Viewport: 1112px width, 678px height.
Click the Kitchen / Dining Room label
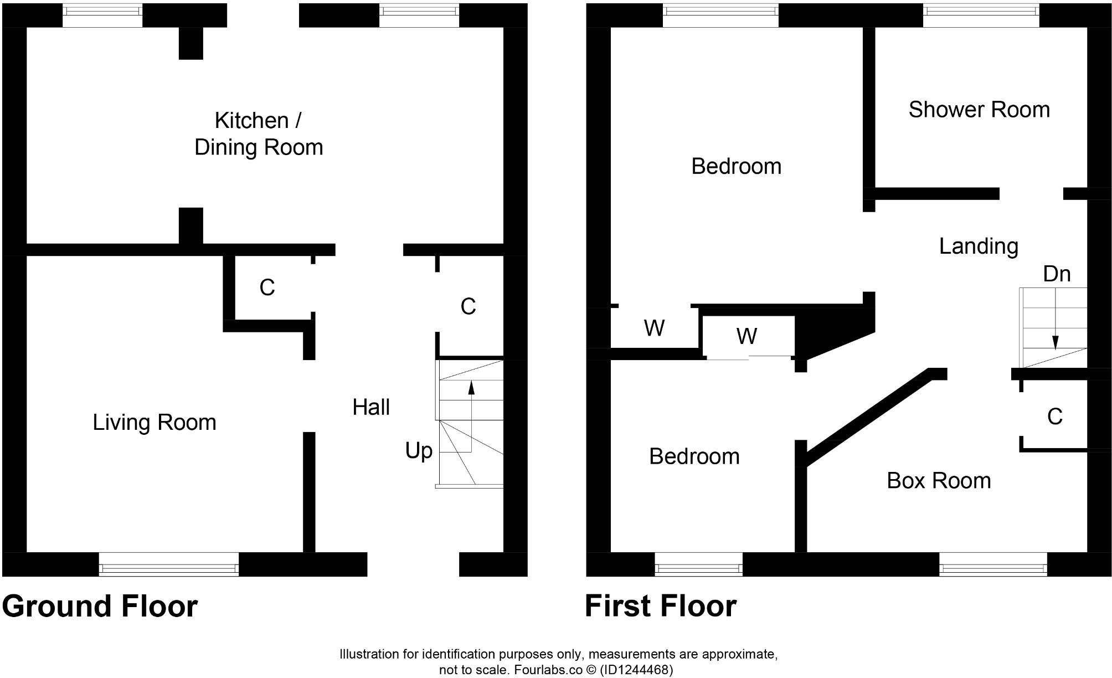pyautogui.click(x=259, y=133)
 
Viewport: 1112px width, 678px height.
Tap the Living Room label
pyautogui.click(x=154, y=422)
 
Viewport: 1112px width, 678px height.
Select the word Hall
pyautogui.click(x=371, y=407)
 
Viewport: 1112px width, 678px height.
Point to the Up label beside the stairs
pyautogui.click(x=419, y=451)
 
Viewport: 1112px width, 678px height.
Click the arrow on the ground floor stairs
pyautogui.click(x=471, y=387)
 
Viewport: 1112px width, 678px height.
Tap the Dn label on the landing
pyautogui.click(x=1057, y=274)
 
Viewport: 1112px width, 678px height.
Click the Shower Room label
pyautogui.click(x=979, y=110)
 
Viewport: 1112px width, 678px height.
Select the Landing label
pyautogui.click(x=979, y=246)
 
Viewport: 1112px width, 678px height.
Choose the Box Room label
pyautogui.click(x=939, y=480)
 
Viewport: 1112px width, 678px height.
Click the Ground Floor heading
pyautogui.click(x=100, y=606)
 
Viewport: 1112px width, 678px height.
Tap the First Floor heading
pyautogui.click(x=661, y=606)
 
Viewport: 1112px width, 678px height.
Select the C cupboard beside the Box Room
pyautogui.click(x=1054, y=417)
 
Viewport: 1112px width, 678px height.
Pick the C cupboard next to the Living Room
pyautogui.click(x=267, y=287)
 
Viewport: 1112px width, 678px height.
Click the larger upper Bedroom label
pyautogui.click(x=736, y=166)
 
